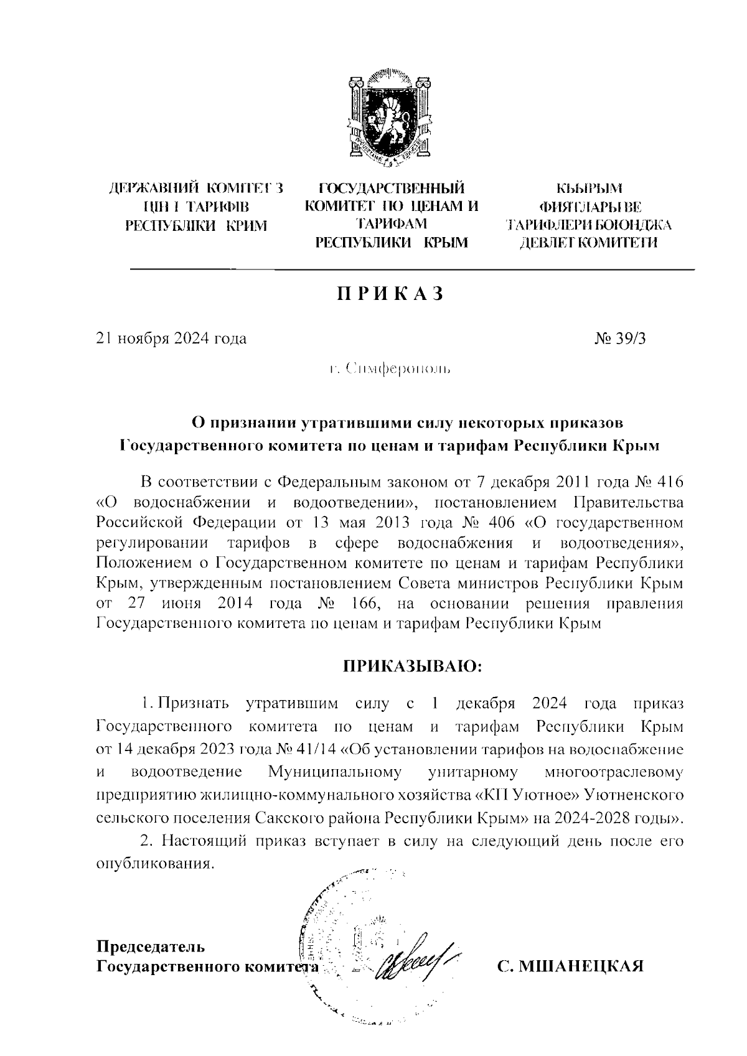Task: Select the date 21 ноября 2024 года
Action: click(171, 339)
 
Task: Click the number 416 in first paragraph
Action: click(667, 482)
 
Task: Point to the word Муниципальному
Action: click(334, 773)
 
